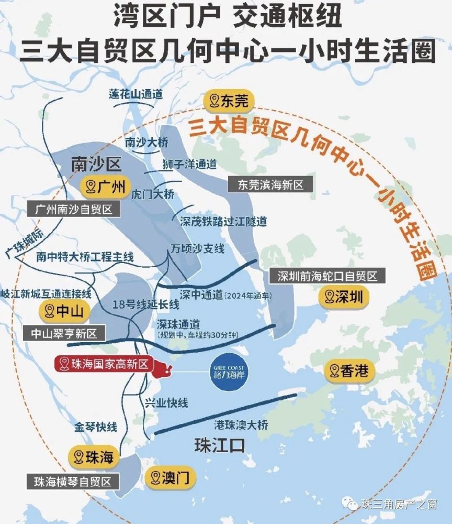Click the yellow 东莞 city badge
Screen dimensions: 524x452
tap(228, 101)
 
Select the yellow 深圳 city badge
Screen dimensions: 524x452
tap(344, 298)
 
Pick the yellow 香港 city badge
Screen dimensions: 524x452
tap(349, 372)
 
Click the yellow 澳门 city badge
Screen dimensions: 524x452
tap(166, 477)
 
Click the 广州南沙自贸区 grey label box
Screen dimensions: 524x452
tap(74, 210)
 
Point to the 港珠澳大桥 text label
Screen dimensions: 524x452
tap(241, 425)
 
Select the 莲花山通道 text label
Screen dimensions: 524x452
tap(136, 94)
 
